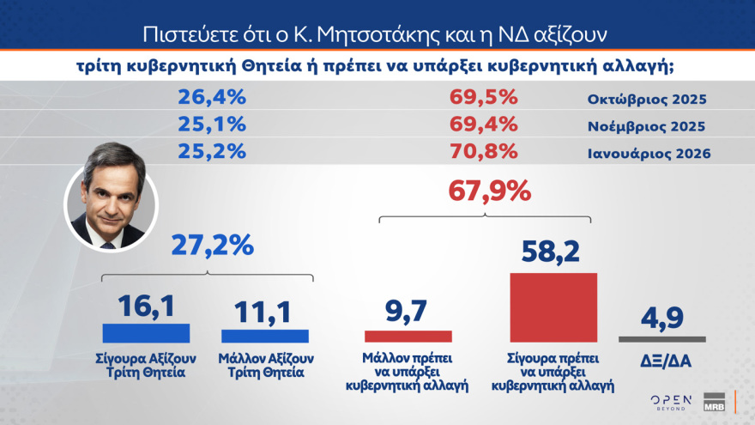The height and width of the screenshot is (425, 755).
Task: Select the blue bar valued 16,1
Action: [x=146, y=333]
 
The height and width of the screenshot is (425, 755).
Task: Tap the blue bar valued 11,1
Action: [x=265, y=336]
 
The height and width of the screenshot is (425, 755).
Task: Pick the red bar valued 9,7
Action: [x=408, y=337]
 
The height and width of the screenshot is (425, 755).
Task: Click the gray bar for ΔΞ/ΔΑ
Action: [x=662, y=339]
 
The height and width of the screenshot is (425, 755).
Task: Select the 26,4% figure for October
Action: [x=212, y=98]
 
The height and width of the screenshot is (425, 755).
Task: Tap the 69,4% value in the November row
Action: [x=483, y=125]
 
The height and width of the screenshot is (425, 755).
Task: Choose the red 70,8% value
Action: [x=483, y=152]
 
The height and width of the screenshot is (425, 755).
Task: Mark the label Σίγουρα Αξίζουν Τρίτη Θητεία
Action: [x=146, y=365]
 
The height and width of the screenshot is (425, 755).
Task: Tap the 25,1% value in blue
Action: [x=212, y=125]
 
